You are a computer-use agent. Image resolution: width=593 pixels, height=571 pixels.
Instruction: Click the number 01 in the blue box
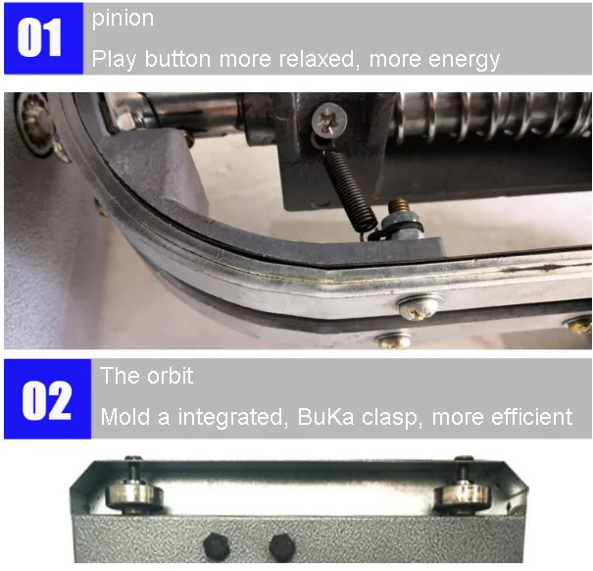click(39, 38)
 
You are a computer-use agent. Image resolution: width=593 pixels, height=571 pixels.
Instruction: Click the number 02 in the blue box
click(46, 400)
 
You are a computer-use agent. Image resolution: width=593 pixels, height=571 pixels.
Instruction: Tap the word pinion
click(123, 19)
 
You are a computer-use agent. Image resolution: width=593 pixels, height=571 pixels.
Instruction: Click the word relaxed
click(320, 59)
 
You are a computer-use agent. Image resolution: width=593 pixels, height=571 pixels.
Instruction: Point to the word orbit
click(171, 376)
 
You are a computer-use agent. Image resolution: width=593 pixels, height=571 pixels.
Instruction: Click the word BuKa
click(326, 417)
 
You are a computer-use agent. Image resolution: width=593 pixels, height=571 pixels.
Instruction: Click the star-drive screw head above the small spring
click(329, 120)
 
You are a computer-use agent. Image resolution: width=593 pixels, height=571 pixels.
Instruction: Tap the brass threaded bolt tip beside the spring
click(399, 206)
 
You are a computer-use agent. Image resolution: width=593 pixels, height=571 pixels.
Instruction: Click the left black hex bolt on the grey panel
click(217, 545)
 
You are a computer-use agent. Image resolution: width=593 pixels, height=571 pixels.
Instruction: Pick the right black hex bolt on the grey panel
click(282, 546)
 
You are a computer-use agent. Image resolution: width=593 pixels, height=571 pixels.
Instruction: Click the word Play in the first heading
click(114, 60)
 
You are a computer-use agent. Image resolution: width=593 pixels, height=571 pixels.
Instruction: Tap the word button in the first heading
click(177, 59)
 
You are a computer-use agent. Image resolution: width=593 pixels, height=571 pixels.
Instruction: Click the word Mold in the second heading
click(125, 417)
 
